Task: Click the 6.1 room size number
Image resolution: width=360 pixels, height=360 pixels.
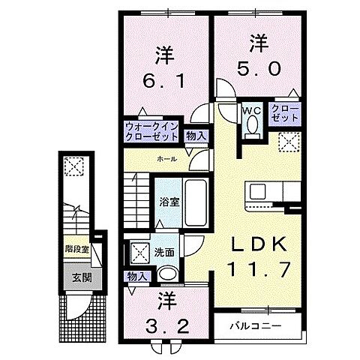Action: pyautogui.click(x=165, y=77)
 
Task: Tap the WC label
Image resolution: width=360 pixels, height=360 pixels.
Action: pyautogui.click(x=250, y=109)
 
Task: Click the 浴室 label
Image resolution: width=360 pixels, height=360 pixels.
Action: pyautogui.click(x=169, y=202)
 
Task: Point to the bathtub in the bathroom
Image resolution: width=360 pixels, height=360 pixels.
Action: pyautogui.click(x=196, y=202)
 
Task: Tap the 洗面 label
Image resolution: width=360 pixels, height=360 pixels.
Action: pyautogui.click(x=166, y=253)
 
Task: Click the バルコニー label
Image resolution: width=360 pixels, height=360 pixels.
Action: pyautogui.click(x=262, y=327)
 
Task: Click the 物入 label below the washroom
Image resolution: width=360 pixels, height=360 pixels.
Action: pyautogui.click(x=137, y=277)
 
